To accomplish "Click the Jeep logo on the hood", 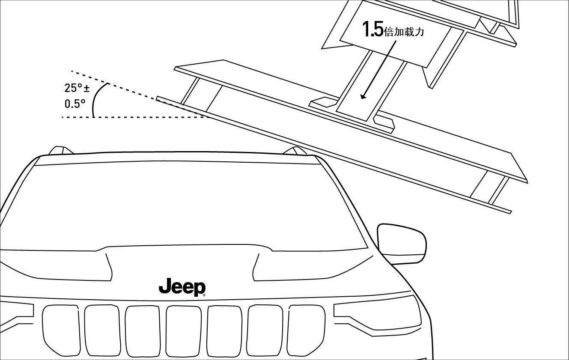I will [182, 287].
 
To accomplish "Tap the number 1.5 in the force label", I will [372, 29].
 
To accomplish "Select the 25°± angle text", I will [77, 88].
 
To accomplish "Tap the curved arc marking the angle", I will [96, 97].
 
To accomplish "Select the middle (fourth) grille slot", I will [183, 330].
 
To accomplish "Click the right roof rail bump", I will [295, 150].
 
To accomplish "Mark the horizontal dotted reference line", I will [133, 117].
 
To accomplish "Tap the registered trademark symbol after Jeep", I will [204, 295].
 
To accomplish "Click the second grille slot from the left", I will [101, 330].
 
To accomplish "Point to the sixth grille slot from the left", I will [265, 330].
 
